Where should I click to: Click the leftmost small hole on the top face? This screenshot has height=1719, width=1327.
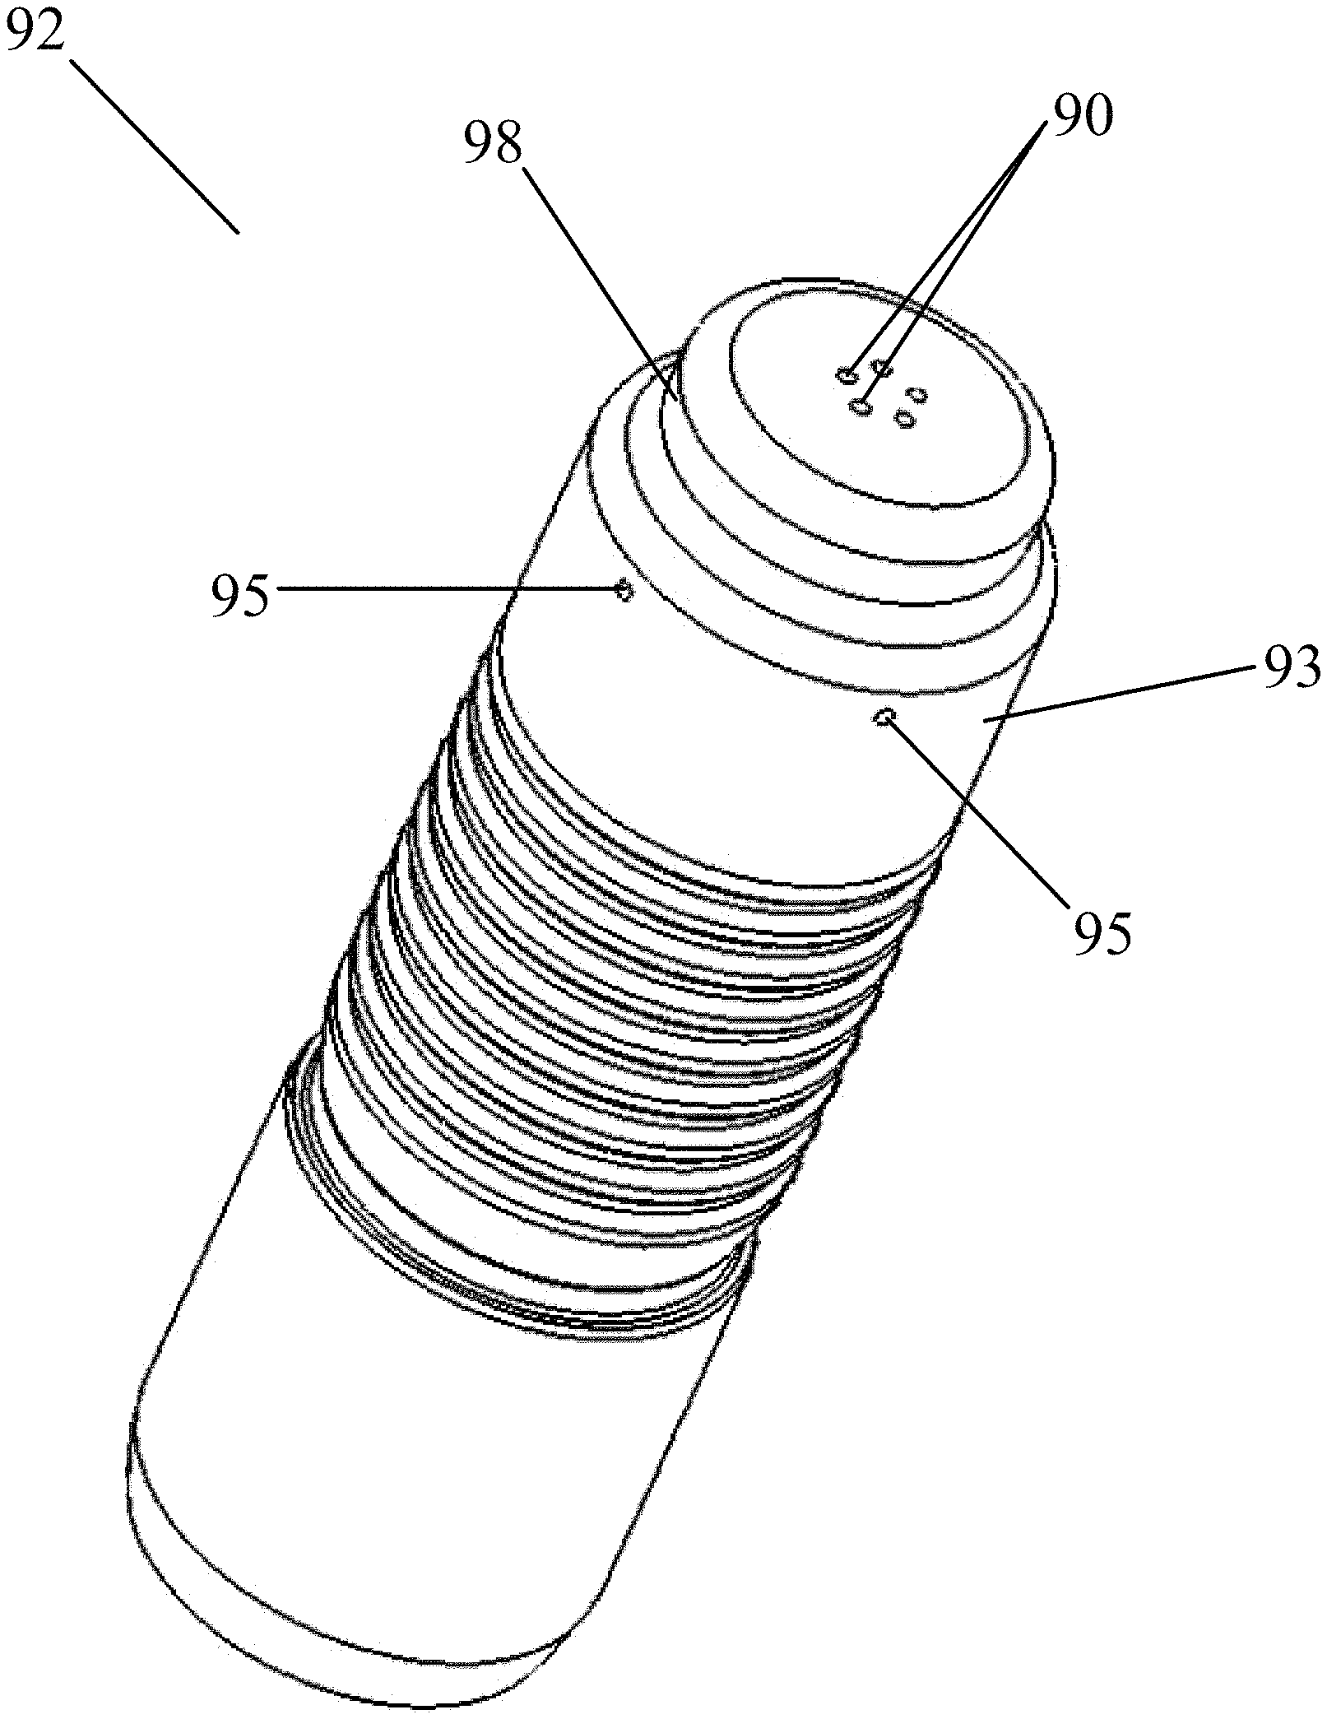pyautogui.click(x=847, y=376)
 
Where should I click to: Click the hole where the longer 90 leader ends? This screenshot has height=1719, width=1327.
pyautogui.click(x=862, y=406)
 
